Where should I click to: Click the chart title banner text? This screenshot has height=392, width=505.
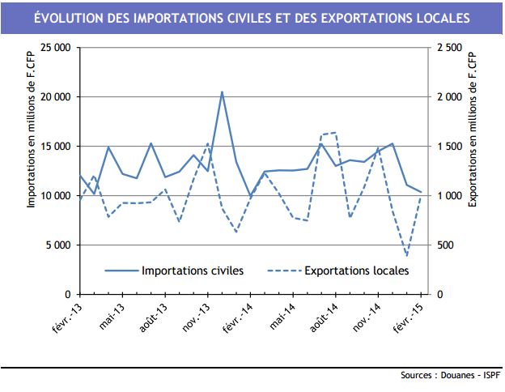(x=252, y=17)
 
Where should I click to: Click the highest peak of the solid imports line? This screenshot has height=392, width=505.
(x=222, y=92)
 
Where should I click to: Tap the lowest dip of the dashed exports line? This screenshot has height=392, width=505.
(x=406, y=255)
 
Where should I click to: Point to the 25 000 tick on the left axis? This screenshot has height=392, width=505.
(x=54, y=48)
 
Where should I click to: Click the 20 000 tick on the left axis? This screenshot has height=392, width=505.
(x=54, y=97)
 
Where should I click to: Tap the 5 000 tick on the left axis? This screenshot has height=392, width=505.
(x=57, y=245)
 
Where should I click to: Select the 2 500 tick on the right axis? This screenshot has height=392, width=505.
(x=448, y=48)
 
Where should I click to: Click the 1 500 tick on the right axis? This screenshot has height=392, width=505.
(x=448, y=147)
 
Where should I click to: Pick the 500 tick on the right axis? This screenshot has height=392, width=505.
(x=443, y=245)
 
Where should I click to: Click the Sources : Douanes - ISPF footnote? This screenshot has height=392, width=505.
(x=450, y=376)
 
